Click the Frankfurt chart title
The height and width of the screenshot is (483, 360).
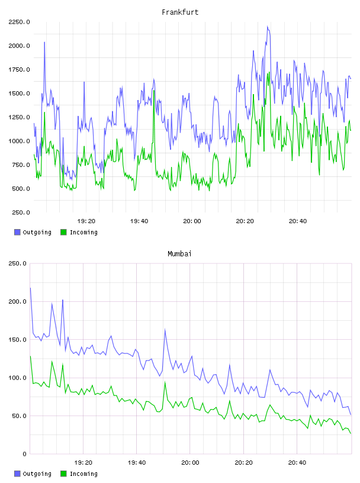coord(180,12)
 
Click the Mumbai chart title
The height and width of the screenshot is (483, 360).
coord(179,254)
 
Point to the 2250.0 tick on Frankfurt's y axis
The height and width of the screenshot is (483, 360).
coord(19,22)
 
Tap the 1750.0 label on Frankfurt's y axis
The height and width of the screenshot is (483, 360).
coord(19,70)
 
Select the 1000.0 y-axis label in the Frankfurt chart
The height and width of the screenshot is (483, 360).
coord(19,141)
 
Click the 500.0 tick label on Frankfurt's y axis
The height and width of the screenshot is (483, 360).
coord(21,189)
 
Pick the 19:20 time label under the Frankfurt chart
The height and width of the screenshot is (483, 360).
coord(86,221)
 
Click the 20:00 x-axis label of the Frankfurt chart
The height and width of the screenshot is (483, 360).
coord(192,221)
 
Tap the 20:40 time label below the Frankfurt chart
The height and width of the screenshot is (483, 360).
coord(298,221)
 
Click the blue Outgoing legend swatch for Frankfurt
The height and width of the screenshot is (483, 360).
coord(17,232)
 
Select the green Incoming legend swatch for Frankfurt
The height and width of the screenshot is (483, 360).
coord(63,232)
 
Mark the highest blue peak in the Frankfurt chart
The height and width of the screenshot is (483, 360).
coord(268,27)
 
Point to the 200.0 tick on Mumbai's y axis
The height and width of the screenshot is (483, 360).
coord(18,301)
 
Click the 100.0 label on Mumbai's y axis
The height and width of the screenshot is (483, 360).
coord(18,378)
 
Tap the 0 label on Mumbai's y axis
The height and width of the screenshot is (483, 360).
coord(25,454)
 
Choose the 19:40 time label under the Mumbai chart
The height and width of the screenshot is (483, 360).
coord(137,463)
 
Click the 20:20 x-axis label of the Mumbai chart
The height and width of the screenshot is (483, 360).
coord(244,463)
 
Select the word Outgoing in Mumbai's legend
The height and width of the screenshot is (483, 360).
coord(37,474)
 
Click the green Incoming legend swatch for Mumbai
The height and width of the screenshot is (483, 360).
coord(63,474)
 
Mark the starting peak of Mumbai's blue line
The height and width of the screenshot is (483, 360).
coord(30,288)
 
